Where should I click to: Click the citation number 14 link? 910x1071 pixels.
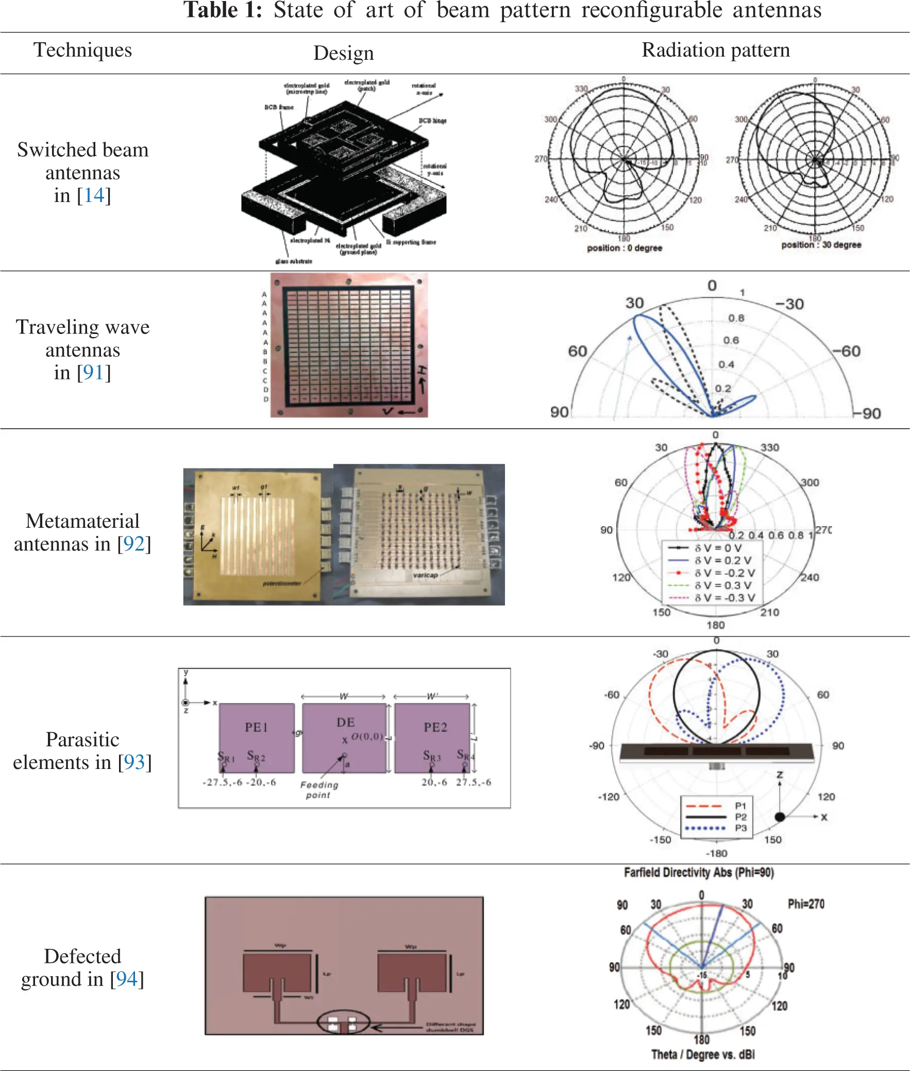[x=94, y=195]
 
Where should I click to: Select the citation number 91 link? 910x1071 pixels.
[x=94, y=373]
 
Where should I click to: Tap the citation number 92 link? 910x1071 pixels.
[x=134, y=544]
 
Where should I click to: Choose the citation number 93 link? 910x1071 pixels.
[x=134, y=762]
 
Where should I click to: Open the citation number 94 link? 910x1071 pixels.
[x=126, y=979]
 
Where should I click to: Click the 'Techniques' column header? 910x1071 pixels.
[x=82, y=50]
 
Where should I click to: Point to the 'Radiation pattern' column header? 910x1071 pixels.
[x=716, y=50]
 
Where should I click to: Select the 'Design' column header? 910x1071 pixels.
[x=344, y=53]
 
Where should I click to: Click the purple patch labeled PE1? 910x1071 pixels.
[x=257, y=737]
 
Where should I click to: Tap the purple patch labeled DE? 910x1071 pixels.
[x=344, y=737]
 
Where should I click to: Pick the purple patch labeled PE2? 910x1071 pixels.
[x=433, y=737]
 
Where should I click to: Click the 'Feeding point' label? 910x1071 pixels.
[x=319, y=789]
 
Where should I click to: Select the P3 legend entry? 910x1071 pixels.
[x=741, y=828]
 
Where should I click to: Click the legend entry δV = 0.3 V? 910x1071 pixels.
[x=722, y=585]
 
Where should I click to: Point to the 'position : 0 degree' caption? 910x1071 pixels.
[x=624, y=248]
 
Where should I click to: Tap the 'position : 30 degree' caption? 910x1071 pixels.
[x=821, y=244]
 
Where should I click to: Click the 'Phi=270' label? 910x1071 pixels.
[x=806, y=904]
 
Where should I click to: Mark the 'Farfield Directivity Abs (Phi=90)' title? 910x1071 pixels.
[x=699, y=873]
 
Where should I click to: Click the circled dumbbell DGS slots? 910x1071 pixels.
[x=343, y=1022]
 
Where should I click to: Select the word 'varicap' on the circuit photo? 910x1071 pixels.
[x=425, y=575]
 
